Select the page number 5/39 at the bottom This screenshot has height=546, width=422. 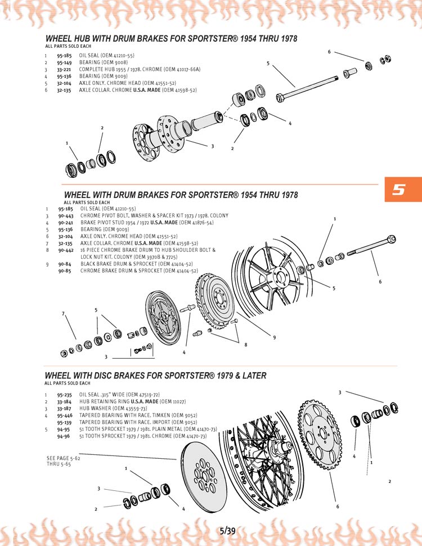coord(227,531)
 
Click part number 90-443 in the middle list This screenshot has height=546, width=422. coord(65,216)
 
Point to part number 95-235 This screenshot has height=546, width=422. coord(64,395)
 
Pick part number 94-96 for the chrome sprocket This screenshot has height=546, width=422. coord(64,436)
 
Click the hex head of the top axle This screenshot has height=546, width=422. coord(280,98)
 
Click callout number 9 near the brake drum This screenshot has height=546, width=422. coord(274,337)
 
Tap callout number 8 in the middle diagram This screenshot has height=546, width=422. coord(246,345)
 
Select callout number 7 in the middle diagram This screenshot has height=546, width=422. coord(63,313)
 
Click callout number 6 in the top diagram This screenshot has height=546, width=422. coord(329,52)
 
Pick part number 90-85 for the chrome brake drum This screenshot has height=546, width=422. coord(65,270)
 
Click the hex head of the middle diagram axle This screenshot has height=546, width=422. coord(392,240)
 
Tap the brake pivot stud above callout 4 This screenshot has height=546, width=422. coord(187,309)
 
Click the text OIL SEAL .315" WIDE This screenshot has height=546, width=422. coord(102,395)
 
